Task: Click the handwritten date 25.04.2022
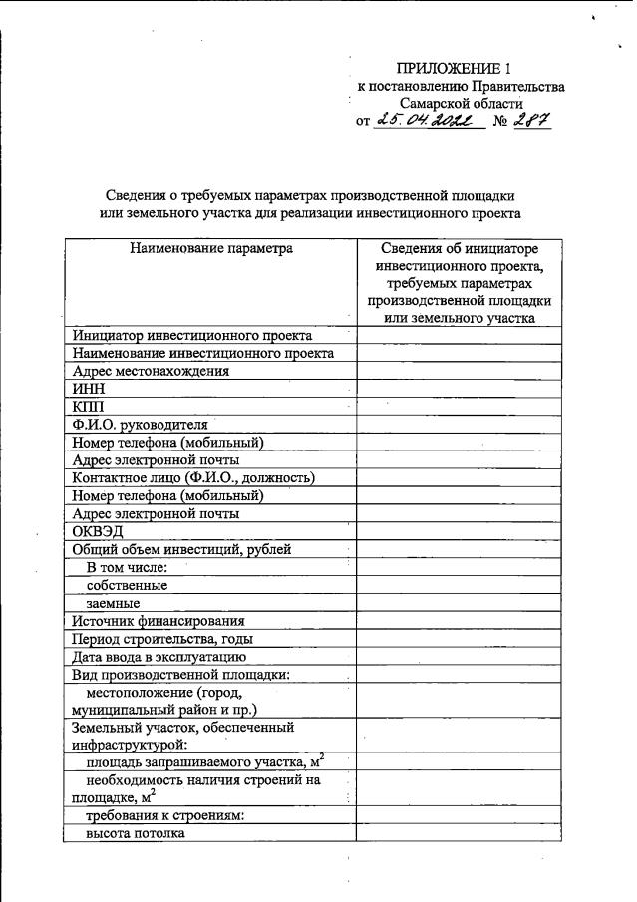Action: click(428, 122)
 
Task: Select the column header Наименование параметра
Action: click(210, 248)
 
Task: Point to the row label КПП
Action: click(88, 407)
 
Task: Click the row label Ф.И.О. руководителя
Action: click(140, 425)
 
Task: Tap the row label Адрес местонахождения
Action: click(151, 371)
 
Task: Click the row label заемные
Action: click(112, 603)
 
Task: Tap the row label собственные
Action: click(127, 585)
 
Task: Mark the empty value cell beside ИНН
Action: click(459, 389)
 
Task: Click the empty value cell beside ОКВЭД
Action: click(459, 532)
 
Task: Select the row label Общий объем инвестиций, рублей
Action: click(181, 549)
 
